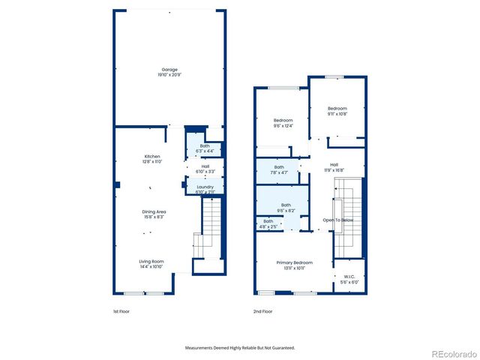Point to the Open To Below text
[x=337, y=220]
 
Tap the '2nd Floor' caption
[x=262, y=310]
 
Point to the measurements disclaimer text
[x=240, y=348]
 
